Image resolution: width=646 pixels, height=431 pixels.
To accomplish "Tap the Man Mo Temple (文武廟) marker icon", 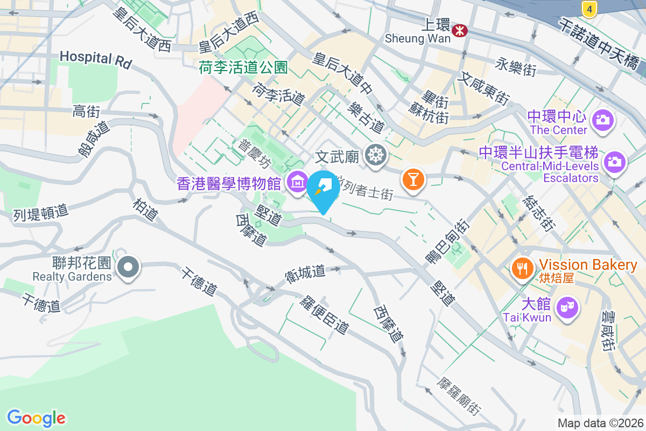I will coord(375,156).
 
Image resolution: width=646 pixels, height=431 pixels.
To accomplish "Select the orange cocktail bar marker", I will coord(413,179).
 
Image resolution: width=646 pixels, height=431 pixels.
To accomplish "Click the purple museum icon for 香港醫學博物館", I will coord(297,183).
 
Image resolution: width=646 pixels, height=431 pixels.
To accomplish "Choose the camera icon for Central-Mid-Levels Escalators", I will coord(614,161).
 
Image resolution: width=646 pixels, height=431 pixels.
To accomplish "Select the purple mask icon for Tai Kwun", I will coord(567,308).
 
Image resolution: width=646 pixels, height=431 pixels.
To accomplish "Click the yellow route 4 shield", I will coord(590,9).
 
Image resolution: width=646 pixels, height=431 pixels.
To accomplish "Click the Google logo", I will coord(36,418).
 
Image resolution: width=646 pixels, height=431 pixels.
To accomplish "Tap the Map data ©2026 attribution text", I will coord(600,423).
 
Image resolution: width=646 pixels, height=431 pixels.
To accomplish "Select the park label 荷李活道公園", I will coord(243,67).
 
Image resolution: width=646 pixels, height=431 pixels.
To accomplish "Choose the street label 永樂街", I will coord(516,67).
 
